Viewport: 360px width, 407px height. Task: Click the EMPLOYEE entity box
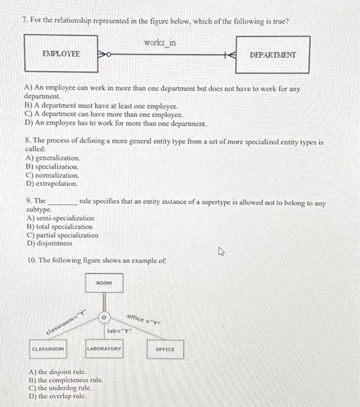coord(61,54)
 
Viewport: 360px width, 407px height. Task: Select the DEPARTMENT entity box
coord(272,55)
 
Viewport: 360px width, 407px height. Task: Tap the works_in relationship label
coord(159,43)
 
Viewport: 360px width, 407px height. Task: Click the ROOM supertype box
coord(104,283)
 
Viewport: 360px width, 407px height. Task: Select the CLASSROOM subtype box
coord(48,349)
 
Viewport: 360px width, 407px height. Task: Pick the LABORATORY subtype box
coord(104,349)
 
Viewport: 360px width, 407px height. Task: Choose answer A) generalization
coord(53,158)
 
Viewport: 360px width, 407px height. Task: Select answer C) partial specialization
coord(62,235)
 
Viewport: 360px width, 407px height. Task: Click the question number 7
coord(24,22)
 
